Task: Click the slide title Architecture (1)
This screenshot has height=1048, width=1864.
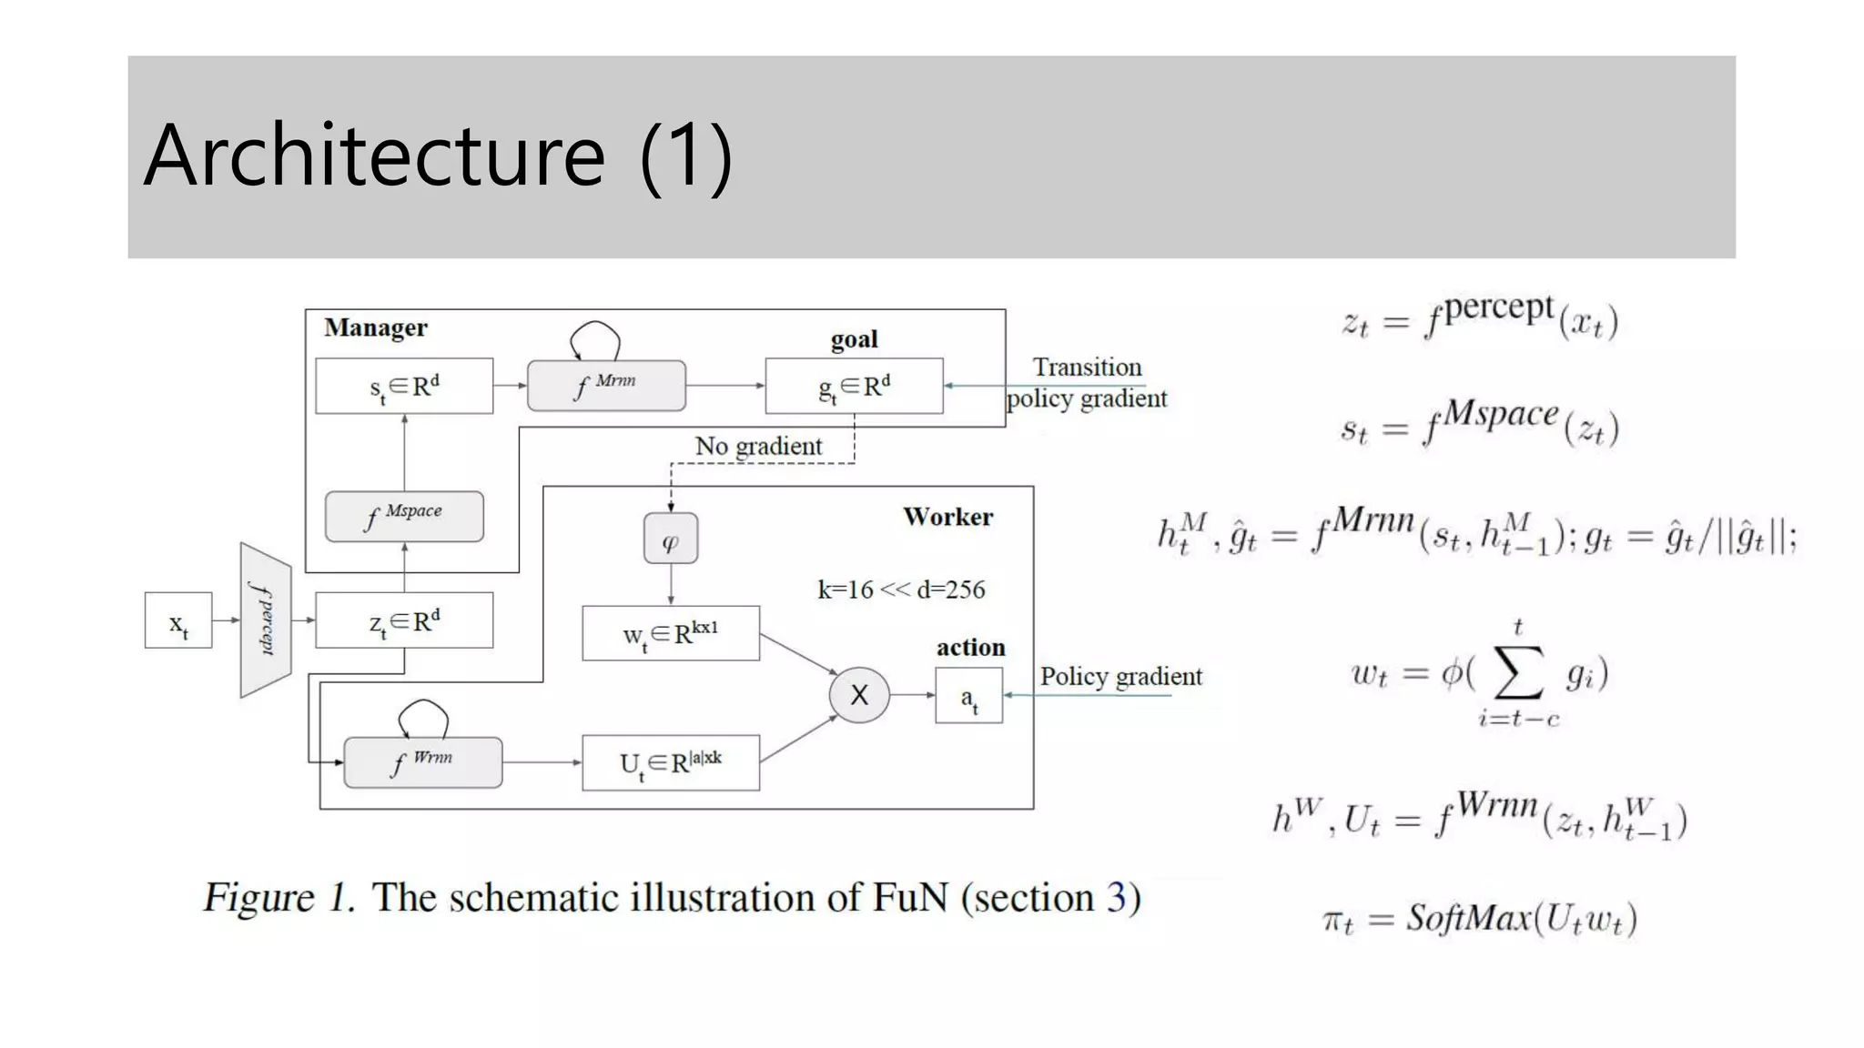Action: click(x=438, y=156)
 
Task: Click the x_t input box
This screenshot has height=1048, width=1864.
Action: click(x=178, y=620)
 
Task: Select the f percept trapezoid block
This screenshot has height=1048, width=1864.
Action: click(x=265, y=620)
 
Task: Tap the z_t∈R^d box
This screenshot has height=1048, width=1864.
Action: click(x=404, y=620)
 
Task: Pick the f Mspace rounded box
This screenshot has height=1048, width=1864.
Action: click(x=404, y=516)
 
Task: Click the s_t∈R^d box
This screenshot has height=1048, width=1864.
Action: click(x=404, y=386)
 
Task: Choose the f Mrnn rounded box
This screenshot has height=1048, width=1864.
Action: click(x=606, y=386)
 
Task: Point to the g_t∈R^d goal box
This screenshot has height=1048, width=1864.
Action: click(x=854, y=386)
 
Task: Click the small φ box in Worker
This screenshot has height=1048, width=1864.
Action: click(x=671, y=539)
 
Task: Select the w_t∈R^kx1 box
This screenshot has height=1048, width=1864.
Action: click(x=671, y=633)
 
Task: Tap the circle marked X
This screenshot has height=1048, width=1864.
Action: click(x=858, y=695)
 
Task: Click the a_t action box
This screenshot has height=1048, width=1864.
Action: click(x=968, y=696)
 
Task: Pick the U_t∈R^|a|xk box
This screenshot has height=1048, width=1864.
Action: click(x=671, y=762)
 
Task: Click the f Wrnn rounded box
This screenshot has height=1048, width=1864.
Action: click(x=423, y=762)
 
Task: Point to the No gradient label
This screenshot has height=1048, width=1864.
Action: click(x=758, y=446)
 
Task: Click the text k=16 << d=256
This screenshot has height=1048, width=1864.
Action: click(x=901, y=589)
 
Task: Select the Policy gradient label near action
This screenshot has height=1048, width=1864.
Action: click(x=1120, y=676)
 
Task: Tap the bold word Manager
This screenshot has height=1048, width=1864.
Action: click(x=375, y=327)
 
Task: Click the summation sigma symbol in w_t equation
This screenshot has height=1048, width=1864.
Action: click(x=1518, y=673)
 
